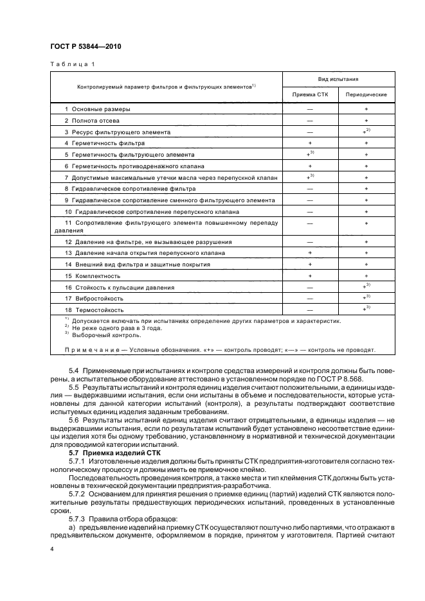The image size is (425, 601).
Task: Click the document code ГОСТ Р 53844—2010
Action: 85,46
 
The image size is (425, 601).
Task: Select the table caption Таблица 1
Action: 71,64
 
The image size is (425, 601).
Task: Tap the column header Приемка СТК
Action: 310,94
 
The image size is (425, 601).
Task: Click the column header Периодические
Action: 366,94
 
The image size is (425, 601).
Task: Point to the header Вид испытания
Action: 338,78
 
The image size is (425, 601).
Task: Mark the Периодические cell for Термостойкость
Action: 366,309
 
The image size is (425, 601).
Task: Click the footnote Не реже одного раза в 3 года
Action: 108,327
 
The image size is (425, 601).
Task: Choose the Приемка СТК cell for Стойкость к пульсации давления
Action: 310,287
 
